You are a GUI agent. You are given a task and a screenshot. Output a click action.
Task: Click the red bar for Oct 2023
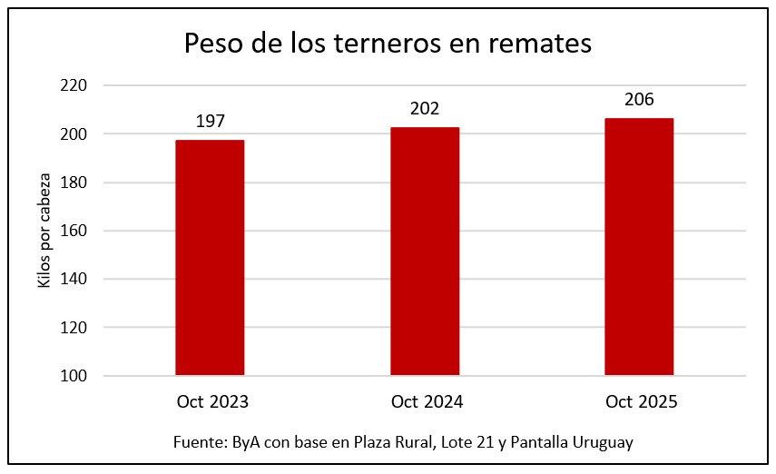tap(210, 257)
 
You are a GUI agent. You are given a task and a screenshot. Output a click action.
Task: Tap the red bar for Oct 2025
tap(639, 246)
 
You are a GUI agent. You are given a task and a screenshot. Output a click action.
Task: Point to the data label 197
tap(210, 122)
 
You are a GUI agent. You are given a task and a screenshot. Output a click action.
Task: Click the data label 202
tap(425, 109)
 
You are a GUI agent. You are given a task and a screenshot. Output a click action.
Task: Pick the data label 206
tap(639, 100)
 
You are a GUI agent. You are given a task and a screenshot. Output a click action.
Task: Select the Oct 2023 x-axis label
tap(210, 401)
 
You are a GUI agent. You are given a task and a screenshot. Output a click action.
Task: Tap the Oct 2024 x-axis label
tap(425, 401)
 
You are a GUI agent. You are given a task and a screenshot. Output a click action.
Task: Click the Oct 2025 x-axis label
tap(639, 401)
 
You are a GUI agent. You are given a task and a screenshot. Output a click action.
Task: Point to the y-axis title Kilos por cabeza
tap(44, 231)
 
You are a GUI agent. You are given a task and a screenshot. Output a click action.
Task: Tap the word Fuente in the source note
tap(196, 442)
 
